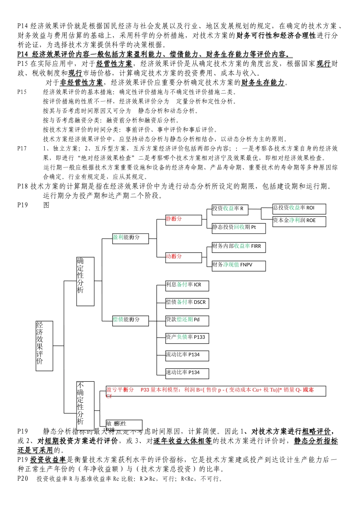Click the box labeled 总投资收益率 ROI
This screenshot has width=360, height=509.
(299, 209)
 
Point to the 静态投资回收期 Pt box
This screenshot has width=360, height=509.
(239, 228)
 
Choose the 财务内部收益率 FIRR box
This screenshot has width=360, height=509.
(239, 247)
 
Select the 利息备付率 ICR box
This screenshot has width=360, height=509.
(187, 286)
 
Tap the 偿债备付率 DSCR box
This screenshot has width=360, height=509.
(187, 303)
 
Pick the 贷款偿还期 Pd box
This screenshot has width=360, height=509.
(187, 320)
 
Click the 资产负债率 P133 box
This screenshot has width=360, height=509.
(187, 338)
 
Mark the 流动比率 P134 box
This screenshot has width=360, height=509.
(187, 356)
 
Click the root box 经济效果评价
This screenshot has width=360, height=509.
(44, 345)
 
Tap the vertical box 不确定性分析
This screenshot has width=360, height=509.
(85, 405)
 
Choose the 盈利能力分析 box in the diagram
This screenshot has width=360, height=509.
(130, 238)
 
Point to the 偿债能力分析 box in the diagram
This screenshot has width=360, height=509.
(130, 320)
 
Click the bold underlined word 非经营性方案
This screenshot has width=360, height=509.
(81, 83)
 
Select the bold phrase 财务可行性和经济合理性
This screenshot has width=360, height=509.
(276, 36)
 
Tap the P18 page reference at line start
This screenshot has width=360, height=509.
(23, 186)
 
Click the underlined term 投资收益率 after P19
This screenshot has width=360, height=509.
(48, 460)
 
